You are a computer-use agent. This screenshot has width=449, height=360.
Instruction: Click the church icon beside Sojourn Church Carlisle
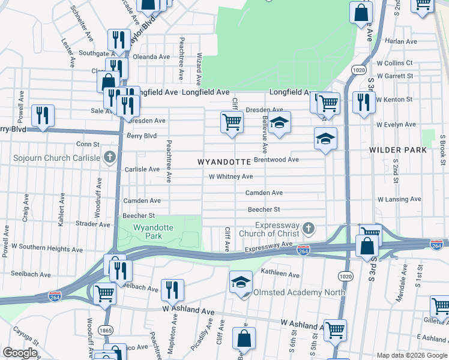point(109,158)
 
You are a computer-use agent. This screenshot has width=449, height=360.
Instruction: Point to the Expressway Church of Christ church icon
point(309,227)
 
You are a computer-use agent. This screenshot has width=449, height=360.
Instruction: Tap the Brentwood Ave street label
point(276,160)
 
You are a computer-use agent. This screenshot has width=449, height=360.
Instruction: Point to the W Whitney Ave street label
point(231,176)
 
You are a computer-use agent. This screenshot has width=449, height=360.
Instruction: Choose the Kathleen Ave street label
point(280,275)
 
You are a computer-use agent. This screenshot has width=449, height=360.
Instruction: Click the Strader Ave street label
point(93,224)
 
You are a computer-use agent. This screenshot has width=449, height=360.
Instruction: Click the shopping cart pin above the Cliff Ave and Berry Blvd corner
point(232,122)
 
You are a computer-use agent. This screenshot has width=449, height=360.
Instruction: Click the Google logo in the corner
point(20,353)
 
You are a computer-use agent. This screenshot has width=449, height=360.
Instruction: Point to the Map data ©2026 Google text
point(411,355)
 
